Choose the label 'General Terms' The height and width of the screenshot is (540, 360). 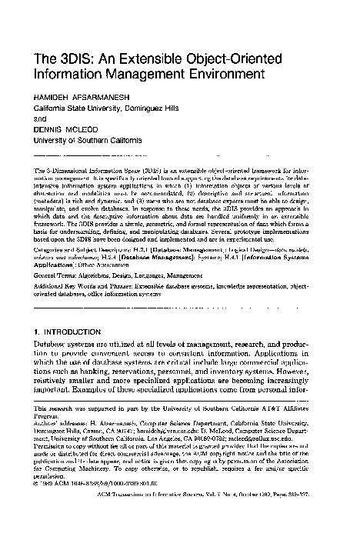tap(48, 273)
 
